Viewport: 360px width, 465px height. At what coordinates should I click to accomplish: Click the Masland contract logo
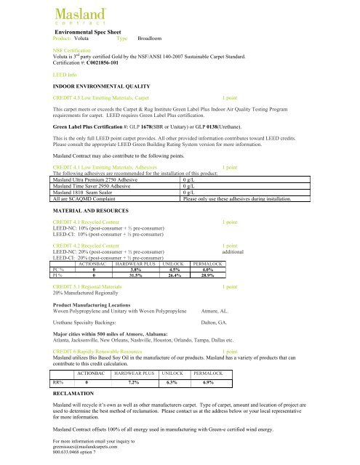coord(76,17)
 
